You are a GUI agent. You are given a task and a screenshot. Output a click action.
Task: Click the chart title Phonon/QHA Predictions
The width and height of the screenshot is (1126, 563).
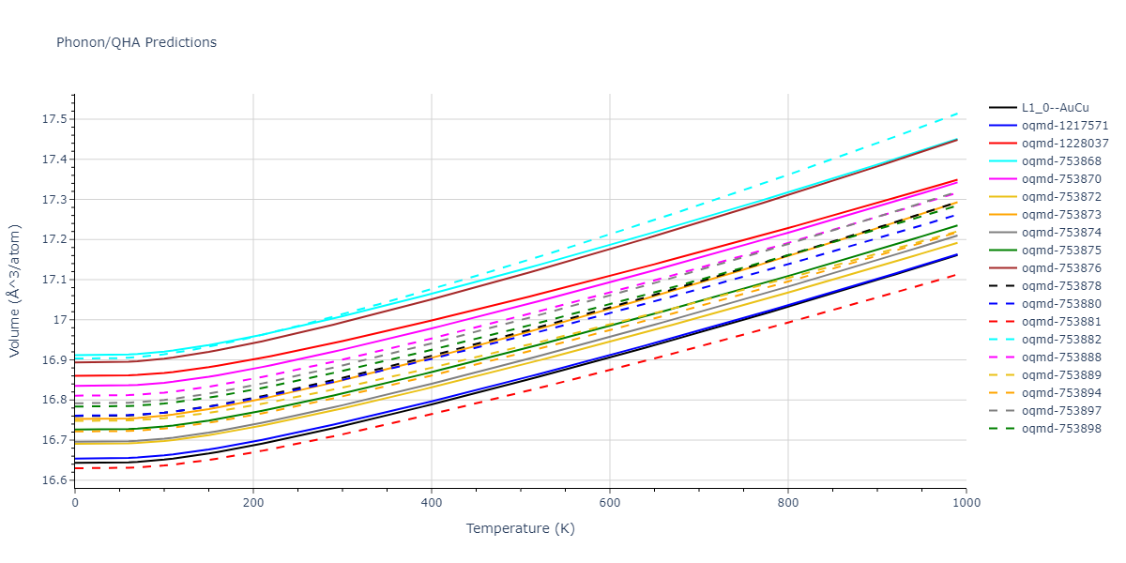136,42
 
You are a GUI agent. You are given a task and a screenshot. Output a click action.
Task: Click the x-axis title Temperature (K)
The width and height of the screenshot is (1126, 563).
520,528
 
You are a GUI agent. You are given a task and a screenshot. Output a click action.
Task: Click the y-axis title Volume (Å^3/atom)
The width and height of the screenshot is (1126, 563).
15,291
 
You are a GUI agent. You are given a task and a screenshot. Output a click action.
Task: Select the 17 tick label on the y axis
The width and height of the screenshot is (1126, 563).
62,320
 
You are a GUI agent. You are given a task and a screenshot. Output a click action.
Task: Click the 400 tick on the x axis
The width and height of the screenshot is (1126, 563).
432,503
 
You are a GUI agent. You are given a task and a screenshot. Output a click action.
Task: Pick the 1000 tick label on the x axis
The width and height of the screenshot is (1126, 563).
966,503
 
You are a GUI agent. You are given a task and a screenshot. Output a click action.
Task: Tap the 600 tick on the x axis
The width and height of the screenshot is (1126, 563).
610,503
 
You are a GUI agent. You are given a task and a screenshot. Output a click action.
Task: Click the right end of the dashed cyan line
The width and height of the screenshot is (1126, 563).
957,113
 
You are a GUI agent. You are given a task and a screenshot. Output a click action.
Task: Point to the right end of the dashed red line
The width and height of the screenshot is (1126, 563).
957,274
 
